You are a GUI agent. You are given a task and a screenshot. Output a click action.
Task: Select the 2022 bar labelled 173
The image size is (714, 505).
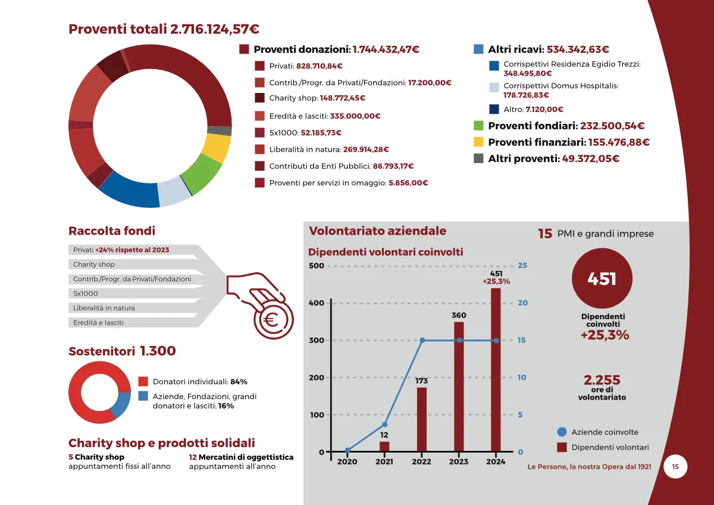(421, 419)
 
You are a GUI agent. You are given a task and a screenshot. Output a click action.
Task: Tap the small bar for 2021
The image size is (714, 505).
(384, 446)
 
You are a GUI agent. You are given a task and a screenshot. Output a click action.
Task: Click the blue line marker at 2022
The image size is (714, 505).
(422, 341)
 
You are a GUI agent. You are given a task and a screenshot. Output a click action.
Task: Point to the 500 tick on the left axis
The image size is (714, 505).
(317, 266)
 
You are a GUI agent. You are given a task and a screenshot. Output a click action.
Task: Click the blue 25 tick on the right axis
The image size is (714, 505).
(522, 266)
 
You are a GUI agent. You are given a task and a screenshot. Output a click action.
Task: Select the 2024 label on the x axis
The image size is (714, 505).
(496, 462)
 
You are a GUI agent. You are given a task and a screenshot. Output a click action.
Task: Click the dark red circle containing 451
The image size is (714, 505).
(602, 279)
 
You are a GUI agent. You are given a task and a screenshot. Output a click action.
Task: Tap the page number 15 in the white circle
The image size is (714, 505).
(675, 466)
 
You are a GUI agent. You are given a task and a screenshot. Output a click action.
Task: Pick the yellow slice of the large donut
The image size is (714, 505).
(217, 148)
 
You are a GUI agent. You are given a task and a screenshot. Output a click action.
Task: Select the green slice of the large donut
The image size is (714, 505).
(201, 176)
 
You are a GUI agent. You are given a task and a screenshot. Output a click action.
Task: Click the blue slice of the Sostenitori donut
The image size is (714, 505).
(121, 404)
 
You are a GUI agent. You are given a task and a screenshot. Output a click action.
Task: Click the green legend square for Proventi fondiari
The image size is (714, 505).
(478, 126)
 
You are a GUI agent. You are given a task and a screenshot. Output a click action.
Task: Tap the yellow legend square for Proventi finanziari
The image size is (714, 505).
(478, 142)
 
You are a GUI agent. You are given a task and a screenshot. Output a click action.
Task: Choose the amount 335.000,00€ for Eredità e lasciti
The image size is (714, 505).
(356, 116)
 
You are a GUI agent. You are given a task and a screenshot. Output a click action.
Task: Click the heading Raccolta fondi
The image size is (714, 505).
(112, 231)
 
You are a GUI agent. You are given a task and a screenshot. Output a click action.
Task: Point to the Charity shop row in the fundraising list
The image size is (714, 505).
(94, 264)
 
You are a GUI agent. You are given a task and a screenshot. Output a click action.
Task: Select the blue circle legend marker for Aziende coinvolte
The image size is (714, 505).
(562, 432)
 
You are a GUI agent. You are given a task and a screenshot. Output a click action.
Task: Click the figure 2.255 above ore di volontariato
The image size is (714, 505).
(602, 380)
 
